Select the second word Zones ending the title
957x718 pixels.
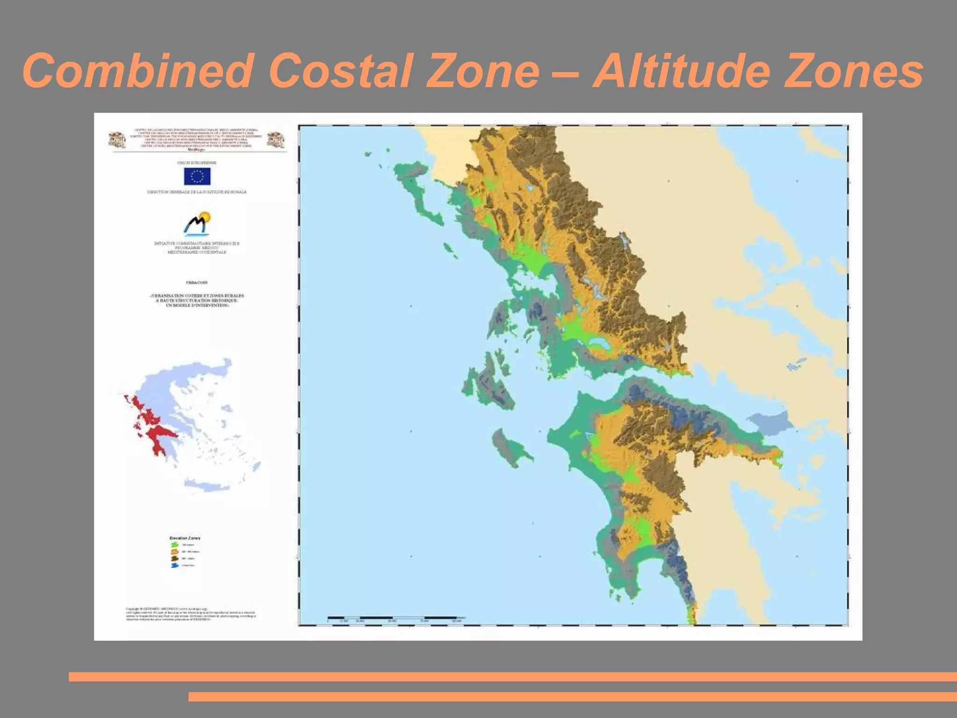853,71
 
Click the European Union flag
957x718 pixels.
197,176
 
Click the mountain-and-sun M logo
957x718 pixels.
197,224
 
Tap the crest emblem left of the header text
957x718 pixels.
117,140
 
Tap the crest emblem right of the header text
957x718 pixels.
276,140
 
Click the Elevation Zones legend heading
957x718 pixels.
185,538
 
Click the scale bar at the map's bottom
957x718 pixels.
393,618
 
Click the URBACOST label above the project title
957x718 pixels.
197,283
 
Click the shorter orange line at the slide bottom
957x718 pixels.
572,696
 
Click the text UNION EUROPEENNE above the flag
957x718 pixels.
197,163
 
